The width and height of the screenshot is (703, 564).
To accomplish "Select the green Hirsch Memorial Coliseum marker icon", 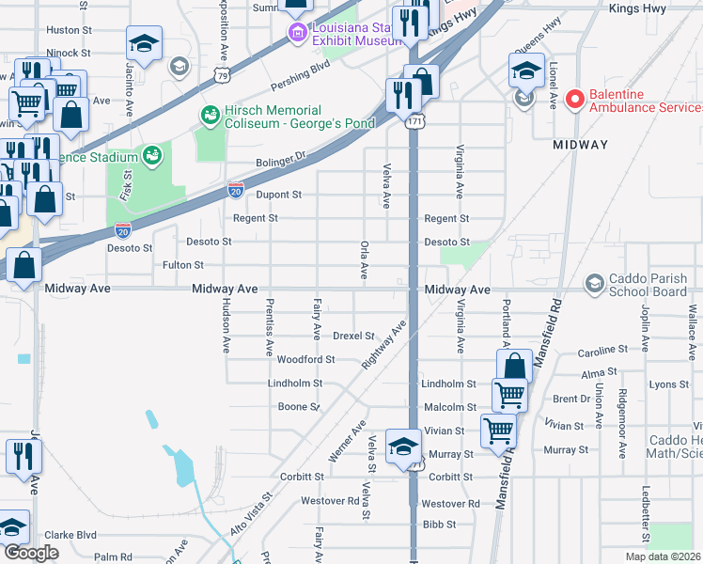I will pyautogui.click(x=210, y=116).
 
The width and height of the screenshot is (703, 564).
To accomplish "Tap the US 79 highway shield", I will pyautogui.click(x=222, y=73).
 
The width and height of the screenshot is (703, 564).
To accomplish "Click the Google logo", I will pyautogui.click(x=31, y=553).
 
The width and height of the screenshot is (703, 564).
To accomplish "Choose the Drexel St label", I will pyautogui.click(x=354, y=337).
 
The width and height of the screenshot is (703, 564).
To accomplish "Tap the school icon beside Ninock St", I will pyautogui.click(x=145, y=45).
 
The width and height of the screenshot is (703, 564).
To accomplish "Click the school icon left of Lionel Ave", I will pyautogui.click(x=525, y=70).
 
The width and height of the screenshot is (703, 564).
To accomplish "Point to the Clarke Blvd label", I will pyautogui.click(x=70, y=535).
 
